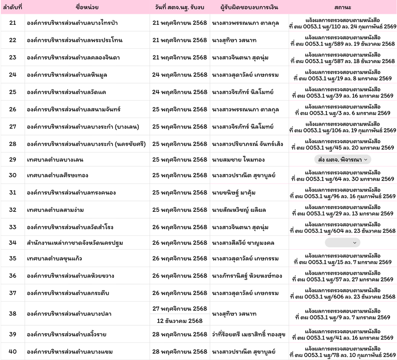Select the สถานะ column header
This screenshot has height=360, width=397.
pyautogui.click(x=343, y=7)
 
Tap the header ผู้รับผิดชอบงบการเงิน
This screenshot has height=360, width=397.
pyautogui.click(x=249, y=7)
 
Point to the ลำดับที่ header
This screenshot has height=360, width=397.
pyautogui.click(x=13, y=7)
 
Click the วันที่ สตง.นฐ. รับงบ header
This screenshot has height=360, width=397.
pyautogui.click(x=180, y=7)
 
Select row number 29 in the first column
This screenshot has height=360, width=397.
pyautogui.click(x=13, y=159)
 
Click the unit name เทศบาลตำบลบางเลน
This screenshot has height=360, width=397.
pyautogui.click(x=55, y=159)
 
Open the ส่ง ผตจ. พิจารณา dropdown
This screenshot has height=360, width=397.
pyautogui.click(x=343, y=159)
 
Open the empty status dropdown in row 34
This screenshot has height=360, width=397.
pyautogui.click(x=343, y=243)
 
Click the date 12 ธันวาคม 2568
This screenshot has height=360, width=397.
pyautogui.click(x=180, y=320)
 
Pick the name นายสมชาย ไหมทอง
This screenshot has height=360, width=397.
pyautogui.click(x=238, y=159)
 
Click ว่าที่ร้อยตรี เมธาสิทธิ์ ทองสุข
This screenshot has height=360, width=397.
pyautogui.click(x=249, y=334)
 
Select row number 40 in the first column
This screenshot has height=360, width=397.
pyautogui.click(x=13, y=351)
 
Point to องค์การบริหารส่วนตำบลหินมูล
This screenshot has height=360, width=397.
pyautogui.click(x=67, y=75)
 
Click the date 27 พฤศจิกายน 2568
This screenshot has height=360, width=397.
pyautogui.click(x=180, y=309)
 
